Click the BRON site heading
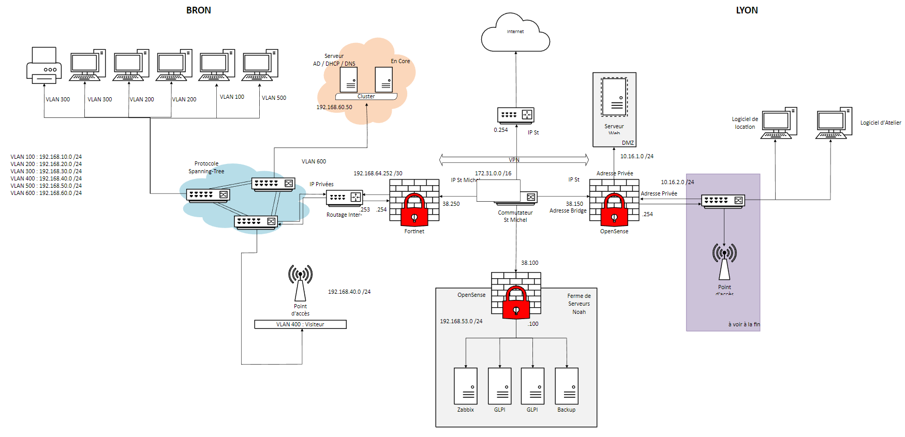[x=199, y=10]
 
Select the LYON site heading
[x=747, y=10]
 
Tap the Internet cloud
[x=515, y=34]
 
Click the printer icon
[x=44, y=66]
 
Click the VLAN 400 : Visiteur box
[x=300, y=324]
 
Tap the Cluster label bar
[x=366, y=97]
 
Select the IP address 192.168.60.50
[x=334, y=107]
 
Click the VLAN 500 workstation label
[x=274, y=98]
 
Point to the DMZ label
[x=628, y=143]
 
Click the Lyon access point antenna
[x=724, y=261]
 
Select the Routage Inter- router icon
[x=345, y=198]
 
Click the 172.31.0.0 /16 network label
[x=493, y=173]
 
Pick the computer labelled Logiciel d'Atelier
[x=834, y=123]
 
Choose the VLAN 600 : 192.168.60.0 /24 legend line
[x=46, y=193]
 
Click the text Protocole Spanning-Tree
[x=206, y=167]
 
